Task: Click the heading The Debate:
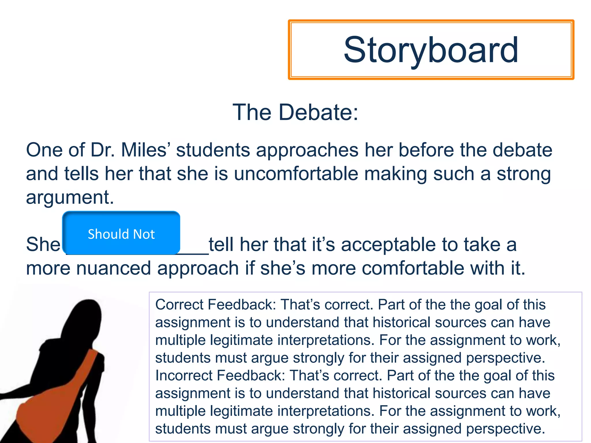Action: pyautogui.click(x=295, y=112)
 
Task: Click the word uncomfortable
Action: pyautogui.click(x=296, y=174)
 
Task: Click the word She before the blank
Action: pyautogui.click(x=43, y=245)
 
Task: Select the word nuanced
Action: pyautogui.click(x=114, y=268)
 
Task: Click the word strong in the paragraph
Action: pyautogui.click(x=523, y=174)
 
